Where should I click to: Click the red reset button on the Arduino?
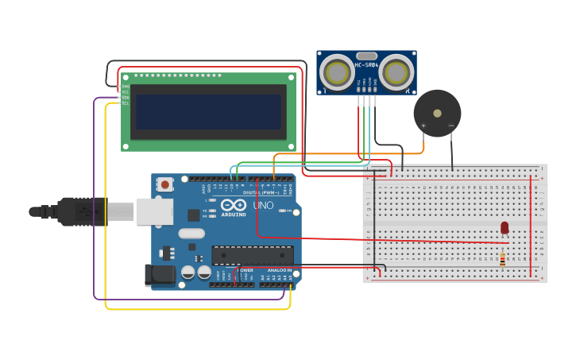pos(165,184)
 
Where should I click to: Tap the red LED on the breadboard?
pos(504,228)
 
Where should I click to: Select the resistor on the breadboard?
pos(502,258)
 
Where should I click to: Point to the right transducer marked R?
pos(396,73)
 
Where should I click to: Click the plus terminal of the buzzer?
pos(423,126)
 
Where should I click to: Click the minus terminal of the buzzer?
pos(450,126)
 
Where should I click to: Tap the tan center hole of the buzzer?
pos(437,113)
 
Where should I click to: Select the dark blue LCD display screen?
pos(209,112)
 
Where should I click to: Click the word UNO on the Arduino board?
pos(263,206)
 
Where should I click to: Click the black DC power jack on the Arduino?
pos(158,275)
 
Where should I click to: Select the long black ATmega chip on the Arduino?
pos(252,255)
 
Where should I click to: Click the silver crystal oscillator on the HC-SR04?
pos(366,56)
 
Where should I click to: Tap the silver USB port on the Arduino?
pos(154,211)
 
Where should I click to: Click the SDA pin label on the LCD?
pos(125,98)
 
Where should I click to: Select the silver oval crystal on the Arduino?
pos(191,234)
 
